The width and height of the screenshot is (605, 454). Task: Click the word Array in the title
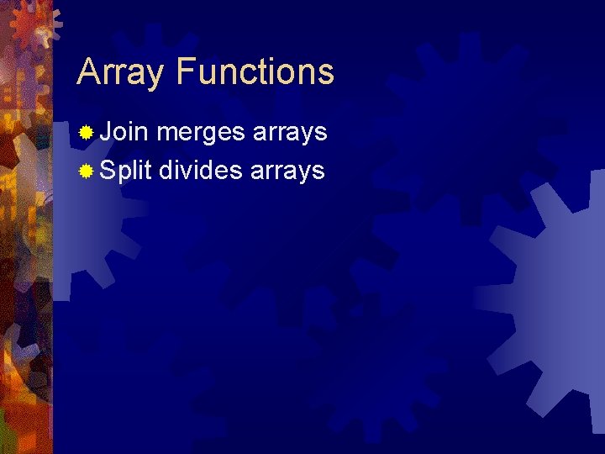coord(121,72)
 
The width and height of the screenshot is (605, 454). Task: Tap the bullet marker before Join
coord(86,133)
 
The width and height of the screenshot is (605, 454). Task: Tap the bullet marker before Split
coord(86,172)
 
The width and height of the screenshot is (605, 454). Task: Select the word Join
coord(124,132)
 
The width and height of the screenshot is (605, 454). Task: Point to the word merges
coord(201,133)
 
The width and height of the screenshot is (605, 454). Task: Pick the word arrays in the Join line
coord(290,133)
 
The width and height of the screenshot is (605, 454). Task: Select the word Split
coord(125,172)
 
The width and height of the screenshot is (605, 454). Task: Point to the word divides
coord(201,171)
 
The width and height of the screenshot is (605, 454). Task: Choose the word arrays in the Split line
coord(287,172)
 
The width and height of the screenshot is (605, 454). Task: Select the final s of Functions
coord(326,74)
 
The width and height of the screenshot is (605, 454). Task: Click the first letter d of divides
coord(166,171)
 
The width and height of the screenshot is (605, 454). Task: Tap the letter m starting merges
coord(167,134)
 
